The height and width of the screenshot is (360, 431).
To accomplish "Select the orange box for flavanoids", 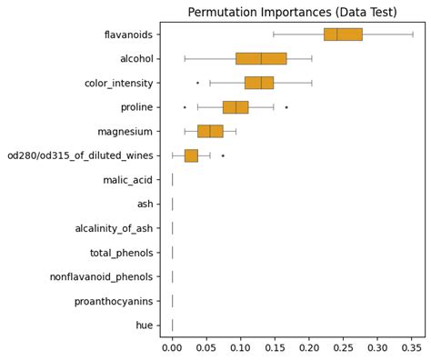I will point(343,35).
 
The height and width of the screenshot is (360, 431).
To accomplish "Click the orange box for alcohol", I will point(261,58).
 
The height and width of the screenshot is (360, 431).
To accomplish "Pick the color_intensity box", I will point(259,83).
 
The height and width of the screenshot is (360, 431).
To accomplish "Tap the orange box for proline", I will point(236,107).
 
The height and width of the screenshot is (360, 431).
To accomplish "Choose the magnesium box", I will point(210,131).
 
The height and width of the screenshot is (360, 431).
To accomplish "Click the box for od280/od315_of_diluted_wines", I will point(191,155).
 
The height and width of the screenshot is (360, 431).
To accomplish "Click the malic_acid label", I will point(128,180).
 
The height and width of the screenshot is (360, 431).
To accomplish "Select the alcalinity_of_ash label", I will point(114,228).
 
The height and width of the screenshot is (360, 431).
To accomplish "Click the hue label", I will point(145,325).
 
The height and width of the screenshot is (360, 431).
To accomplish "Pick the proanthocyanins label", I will point(114,301).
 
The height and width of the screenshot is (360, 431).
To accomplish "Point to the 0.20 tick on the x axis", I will point(309,346).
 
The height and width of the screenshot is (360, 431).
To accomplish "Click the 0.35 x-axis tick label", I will point(411,346).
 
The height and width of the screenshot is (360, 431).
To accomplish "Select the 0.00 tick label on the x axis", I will point(172,346).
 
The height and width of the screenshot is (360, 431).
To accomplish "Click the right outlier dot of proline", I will point(286,107).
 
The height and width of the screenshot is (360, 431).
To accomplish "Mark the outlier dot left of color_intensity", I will point(197,83).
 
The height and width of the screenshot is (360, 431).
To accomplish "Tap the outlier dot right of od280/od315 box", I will point(223,155).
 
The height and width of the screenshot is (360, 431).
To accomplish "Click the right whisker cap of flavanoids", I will point(413,35).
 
